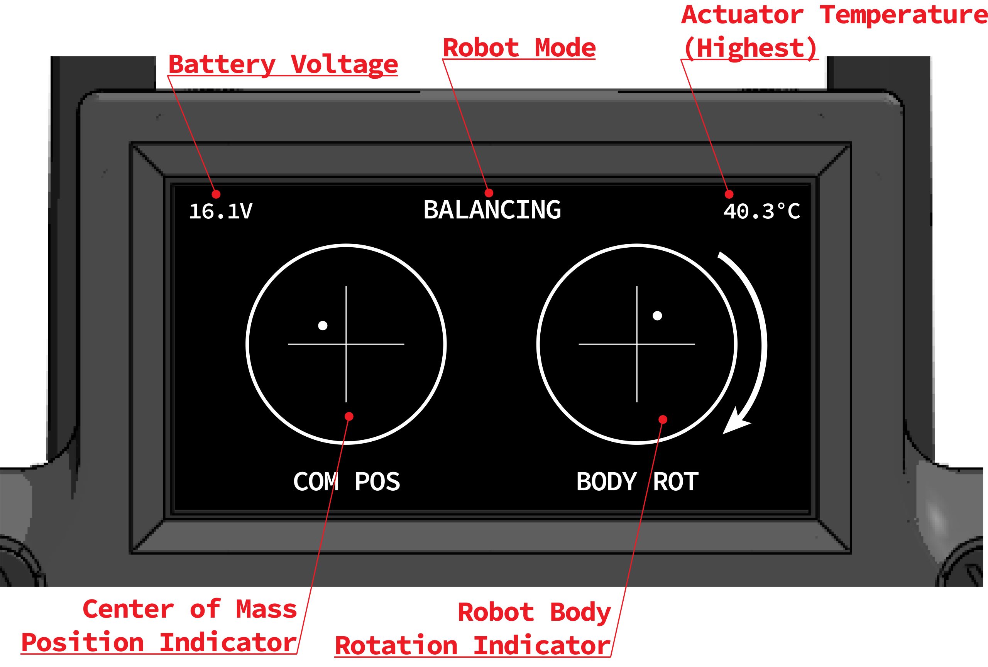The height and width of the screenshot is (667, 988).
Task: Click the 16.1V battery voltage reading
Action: coord(221,211)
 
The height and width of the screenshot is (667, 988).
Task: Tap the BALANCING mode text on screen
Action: coord(492,210)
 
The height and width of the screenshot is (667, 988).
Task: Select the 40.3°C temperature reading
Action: coord(761,211)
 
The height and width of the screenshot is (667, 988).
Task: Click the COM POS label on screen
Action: coord(347,482)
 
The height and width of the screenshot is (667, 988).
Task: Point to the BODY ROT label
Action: coord(637,482)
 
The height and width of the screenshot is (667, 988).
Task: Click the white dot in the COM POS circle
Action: coord(323,326)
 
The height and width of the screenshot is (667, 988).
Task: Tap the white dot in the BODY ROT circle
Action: coord(657,316)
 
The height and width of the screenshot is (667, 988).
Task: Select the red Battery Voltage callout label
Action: coord(283,64)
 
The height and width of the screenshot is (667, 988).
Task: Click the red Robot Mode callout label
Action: coord(519,47)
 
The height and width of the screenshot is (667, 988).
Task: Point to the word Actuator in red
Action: coord(742,15)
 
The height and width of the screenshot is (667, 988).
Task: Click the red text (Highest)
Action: coord(750,48)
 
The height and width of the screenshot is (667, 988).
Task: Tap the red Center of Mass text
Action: coord(189,609)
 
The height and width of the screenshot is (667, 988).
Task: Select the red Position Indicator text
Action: coord(159,642)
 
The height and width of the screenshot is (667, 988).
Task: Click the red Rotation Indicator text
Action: coord(473,645)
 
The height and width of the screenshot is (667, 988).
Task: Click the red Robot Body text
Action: coord(534,612)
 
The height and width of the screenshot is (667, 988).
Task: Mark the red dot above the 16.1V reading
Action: coord(216,194)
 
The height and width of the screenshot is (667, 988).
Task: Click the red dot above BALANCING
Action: coord(489,193)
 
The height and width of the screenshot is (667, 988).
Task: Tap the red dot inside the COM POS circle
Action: coord(349,416)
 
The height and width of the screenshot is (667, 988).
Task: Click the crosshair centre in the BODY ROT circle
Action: coord(637,344)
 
